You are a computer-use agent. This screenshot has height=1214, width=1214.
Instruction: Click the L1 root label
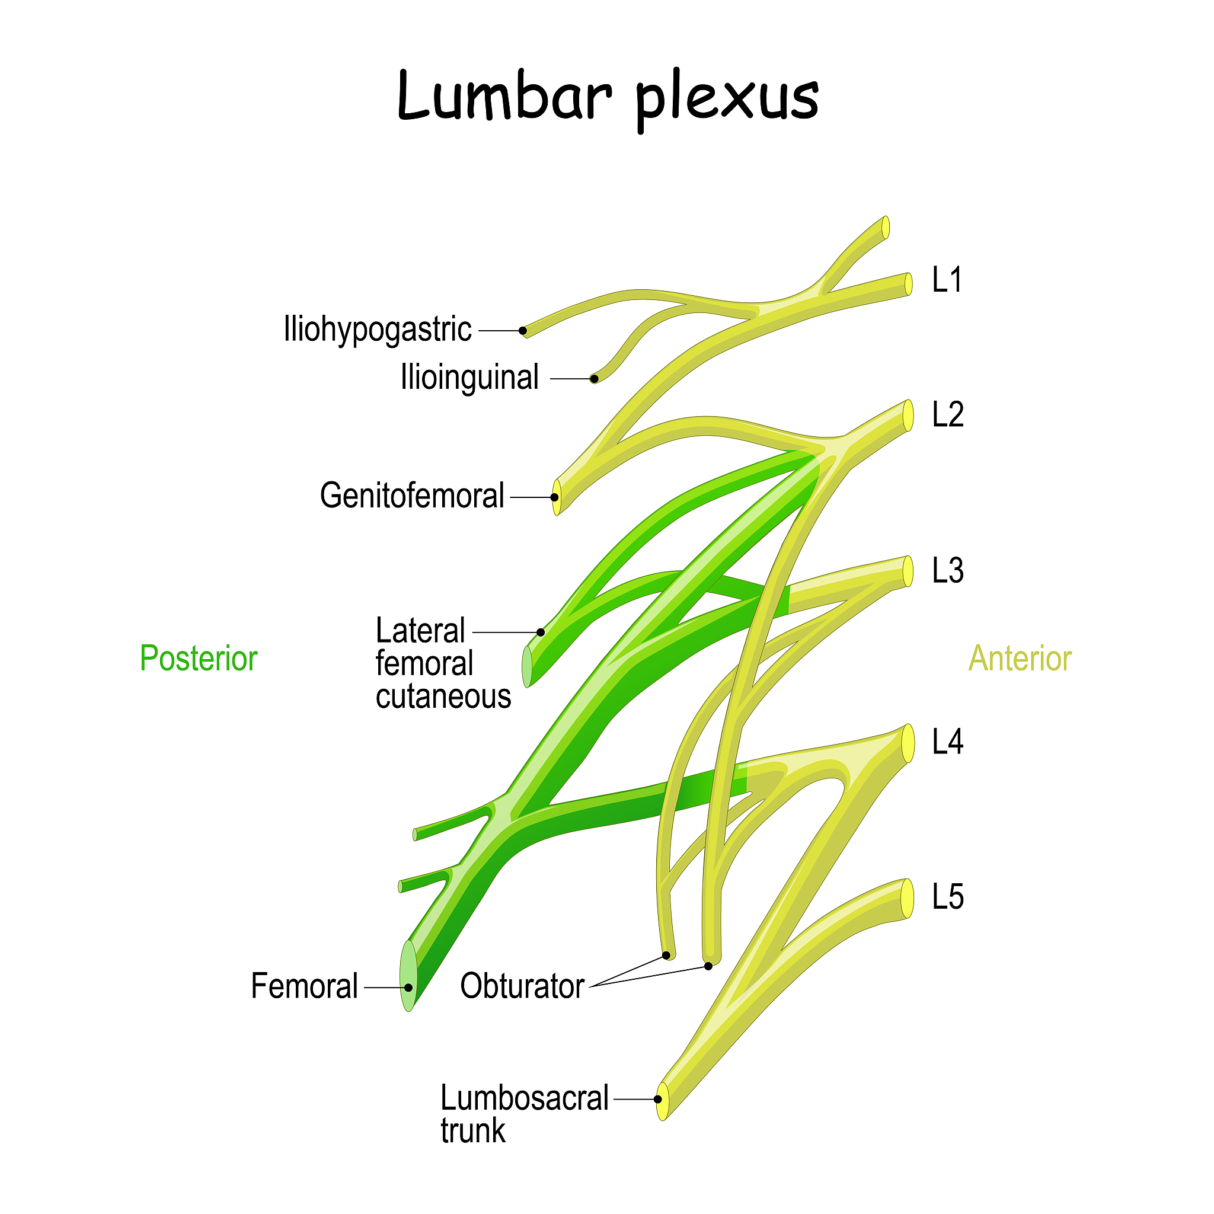coord(946,280)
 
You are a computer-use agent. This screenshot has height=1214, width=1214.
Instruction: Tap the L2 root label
coord(947,415)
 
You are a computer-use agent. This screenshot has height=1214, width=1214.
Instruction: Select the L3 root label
coord(947,571)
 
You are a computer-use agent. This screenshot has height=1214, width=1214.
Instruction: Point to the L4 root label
coord(947,742)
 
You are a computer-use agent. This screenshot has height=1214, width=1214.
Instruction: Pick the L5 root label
coord(947,897)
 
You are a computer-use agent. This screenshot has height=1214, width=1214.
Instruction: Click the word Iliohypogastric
coord(377,329)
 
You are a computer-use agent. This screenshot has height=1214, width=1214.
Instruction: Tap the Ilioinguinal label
coord(469,378)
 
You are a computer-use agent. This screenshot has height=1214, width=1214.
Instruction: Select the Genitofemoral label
coord(411,496)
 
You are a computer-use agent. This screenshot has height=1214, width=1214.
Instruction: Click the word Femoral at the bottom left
coord(304,986)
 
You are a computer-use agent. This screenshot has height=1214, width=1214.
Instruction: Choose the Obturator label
coord(522,986)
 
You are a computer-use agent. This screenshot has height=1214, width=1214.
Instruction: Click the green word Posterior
coord(198,659)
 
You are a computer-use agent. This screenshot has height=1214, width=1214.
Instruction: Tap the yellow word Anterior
coord(1019,659)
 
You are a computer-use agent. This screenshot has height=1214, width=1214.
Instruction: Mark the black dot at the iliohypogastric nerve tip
coord(523,331)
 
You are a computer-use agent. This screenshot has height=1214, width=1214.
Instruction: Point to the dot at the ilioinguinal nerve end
coord(594,379)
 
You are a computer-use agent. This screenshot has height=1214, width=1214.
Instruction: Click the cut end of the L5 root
coord(908,899)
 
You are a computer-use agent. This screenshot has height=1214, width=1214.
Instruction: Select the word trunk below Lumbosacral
coord(472,1131)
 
